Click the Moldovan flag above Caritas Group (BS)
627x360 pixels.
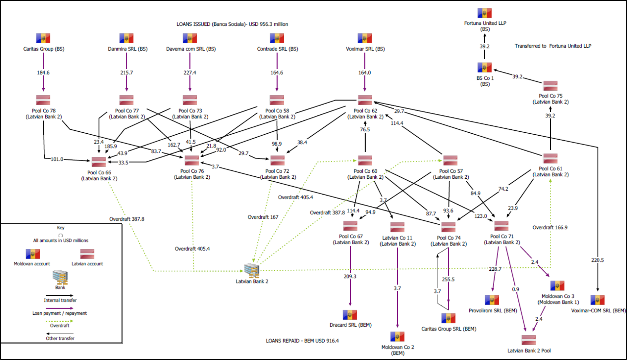coord(43,38)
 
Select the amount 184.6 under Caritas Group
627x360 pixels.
coord(43,73)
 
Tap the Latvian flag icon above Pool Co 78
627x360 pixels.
coord(43,100)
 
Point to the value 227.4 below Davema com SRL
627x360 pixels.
coord(190,73)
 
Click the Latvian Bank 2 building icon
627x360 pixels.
coord(252,271)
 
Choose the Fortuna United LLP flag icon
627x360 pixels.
coord(485,13)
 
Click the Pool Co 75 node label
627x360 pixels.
coord(550,99)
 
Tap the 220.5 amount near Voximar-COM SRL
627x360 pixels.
coord(597,260)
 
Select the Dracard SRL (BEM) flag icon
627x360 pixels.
coord(350,315)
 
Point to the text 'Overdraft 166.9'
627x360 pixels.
coord(550,227)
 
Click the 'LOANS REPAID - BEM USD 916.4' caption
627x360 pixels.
coord(302,341)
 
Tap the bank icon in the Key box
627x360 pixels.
coord(60,277)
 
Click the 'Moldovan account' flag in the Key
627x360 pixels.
coord(33,254)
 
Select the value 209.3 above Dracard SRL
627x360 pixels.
coord(350,276)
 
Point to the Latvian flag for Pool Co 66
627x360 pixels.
coord(99,162)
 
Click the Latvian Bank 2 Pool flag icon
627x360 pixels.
coord(529,340)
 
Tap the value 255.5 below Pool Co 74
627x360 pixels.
coord(448,279)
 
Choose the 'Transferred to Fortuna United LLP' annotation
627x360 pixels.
coord(553,46)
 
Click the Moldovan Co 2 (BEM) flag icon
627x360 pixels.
coord(397,336)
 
